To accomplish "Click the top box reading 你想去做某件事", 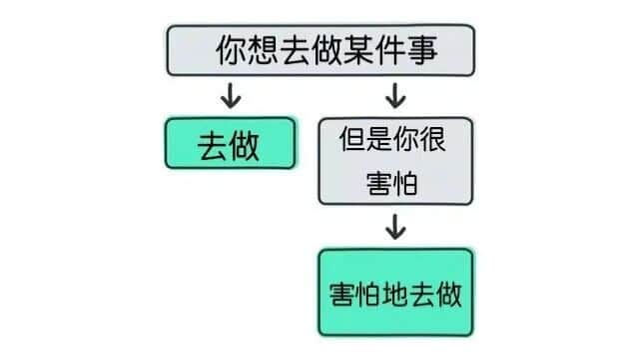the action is pos(320,50).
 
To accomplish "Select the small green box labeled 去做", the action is pos(231,143).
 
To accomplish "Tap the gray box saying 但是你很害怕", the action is pos(395,161).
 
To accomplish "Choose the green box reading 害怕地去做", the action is pos(395,293).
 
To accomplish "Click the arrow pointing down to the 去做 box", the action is pos(231,96).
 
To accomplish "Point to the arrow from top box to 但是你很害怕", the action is pos(395,96).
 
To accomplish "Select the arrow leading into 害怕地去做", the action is pos(395,227).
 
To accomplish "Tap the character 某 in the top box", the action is pos(358,50).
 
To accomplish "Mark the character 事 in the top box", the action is pos(422,50).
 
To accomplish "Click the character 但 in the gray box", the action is pos(352,139).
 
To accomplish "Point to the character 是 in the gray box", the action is pos(379,139).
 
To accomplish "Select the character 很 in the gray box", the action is pos(432,139).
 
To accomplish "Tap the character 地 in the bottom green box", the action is pos(395,294).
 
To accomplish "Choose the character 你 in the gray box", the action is pos(406,139).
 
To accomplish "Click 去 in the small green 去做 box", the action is pos(214,147).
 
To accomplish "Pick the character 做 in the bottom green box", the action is pos(448,294).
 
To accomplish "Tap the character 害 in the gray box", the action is pos(379,184).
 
